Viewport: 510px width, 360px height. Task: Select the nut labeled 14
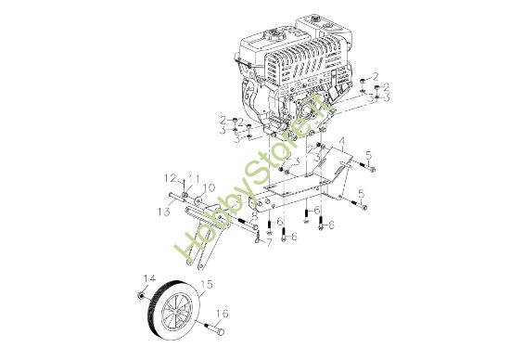pos(140,295)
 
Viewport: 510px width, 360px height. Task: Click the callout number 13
pos(164,212)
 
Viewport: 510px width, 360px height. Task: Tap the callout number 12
pos(170,177)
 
